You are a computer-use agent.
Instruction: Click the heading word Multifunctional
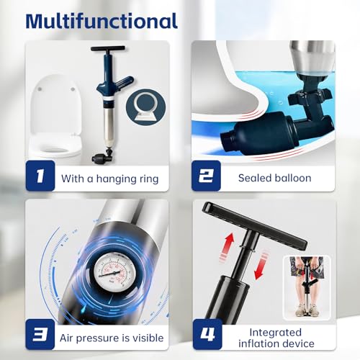pos(102,21)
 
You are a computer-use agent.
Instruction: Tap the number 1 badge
pos(40,176)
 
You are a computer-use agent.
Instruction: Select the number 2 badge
pos(206,176)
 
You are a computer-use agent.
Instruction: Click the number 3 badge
pos(40,334)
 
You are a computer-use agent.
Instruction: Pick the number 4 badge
pos(207,334)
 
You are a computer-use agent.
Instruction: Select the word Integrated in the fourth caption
pos(276,333)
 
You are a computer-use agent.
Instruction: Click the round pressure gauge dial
pos(112,272)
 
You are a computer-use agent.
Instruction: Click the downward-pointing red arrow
pos(261,265)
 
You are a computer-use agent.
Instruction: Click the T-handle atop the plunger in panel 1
pos(108,49)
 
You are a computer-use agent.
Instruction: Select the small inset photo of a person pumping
pos(307,287)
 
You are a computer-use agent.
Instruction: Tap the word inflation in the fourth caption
pos(258,343)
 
